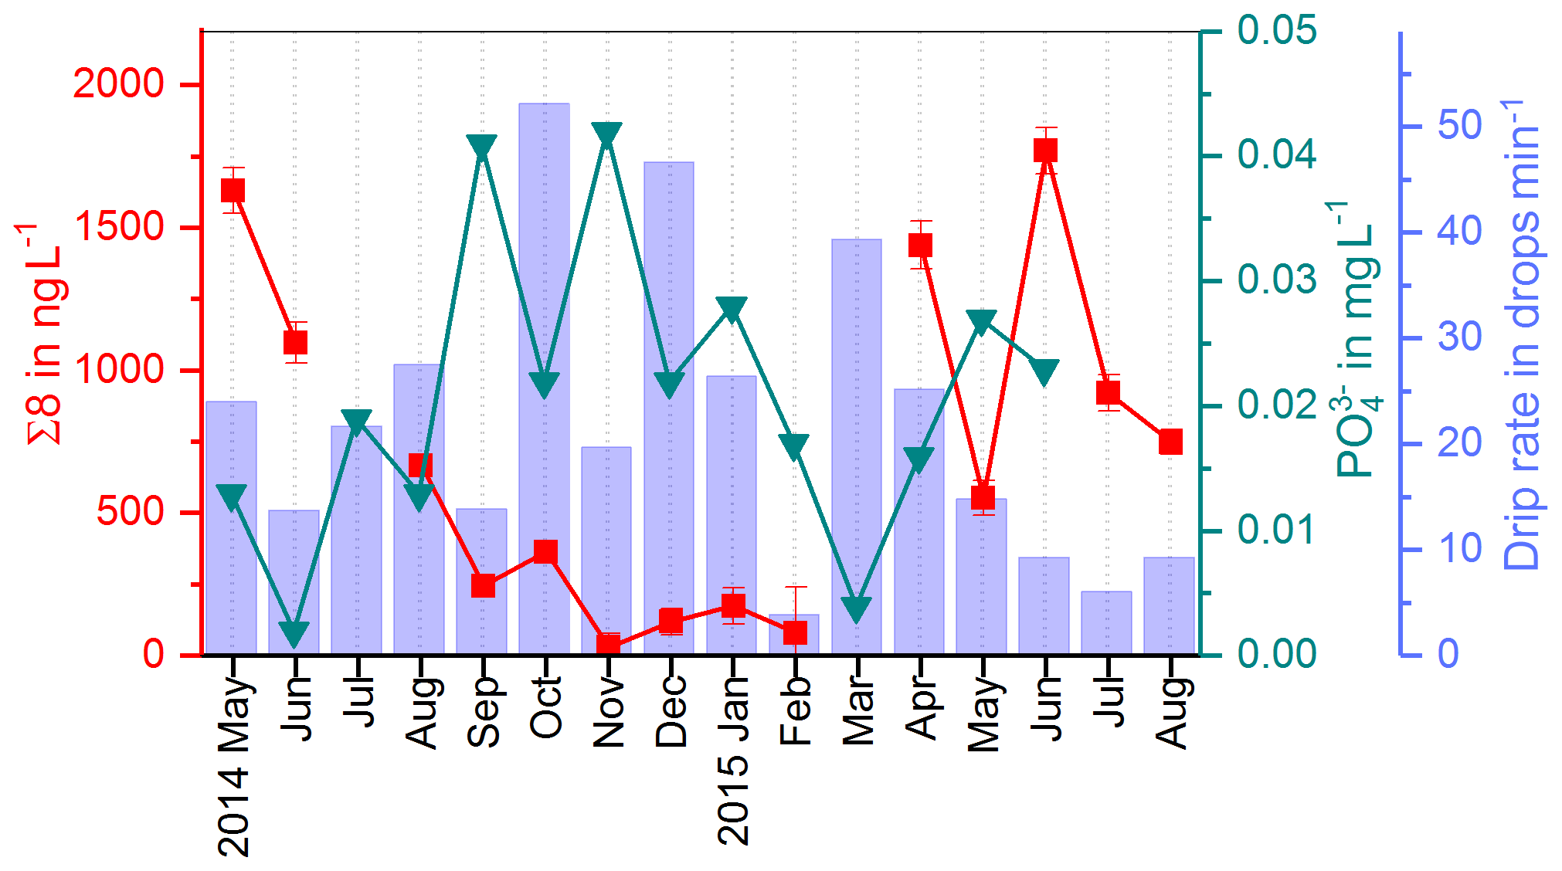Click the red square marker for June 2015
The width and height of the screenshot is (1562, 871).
click(x=1045, y=150)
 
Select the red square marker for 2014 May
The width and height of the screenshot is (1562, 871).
click(x=233, y=190)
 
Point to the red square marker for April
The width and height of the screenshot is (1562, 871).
click(x=920, y=245)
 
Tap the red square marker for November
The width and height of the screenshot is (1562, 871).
click(x=608, y=644)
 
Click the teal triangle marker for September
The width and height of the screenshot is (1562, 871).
click(x=482, y=147)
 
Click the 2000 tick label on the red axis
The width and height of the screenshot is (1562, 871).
click(x=118, y=83)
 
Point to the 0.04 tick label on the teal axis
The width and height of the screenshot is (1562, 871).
click(x=1276, y=154)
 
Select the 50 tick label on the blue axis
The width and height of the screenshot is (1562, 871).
click(x=1459, y=125)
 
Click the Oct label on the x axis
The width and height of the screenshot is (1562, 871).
click(x=546, y=708)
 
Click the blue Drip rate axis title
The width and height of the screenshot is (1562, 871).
click(x=1521, y=336)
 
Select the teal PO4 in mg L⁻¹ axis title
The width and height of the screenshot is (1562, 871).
click(x=1357, y=340)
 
